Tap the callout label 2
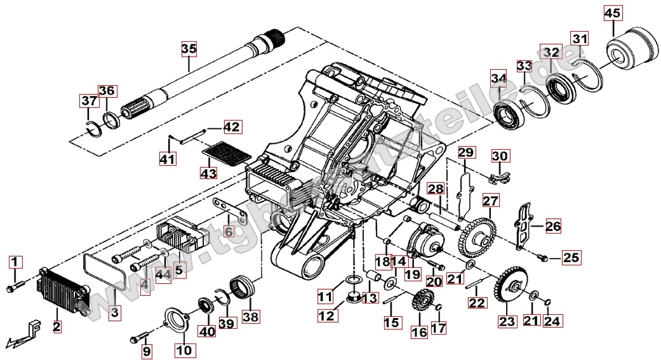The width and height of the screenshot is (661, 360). coord(57,327)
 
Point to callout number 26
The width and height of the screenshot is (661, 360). coord(553,225)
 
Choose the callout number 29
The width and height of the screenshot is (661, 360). coord(466,152)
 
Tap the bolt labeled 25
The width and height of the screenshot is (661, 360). coord(542,258)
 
